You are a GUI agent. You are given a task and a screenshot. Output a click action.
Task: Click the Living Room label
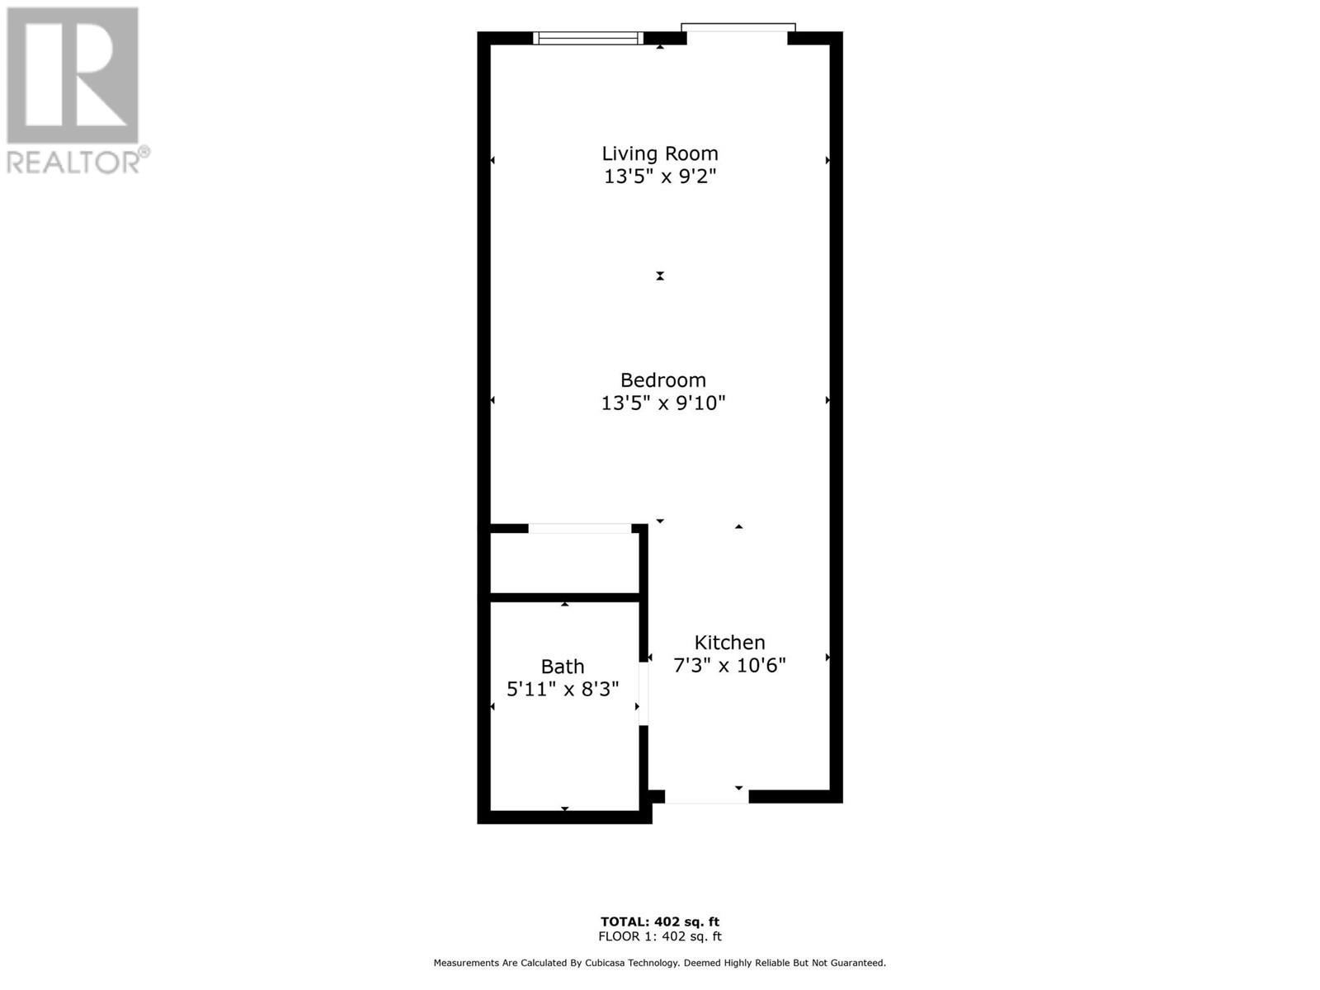click(660, 153)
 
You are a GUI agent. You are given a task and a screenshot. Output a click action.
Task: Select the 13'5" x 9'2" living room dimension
click(660, 176)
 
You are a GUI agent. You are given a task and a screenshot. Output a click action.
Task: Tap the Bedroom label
click(662, 379)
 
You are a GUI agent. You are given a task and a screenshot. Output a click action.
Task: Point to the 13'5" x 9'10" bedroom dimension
click(662, 403)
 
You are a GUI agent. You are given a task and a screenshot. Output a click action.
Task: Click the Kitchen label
click(729, 643)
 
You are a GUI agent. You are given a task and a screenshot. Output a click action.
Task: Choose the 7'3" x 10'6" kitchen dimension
click(729, 666)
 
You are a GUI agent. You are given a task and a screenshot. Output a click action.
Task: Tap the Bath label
click(563, 667)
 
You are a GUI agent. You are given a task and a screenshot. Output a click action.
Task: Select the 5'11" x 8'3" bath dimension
click(563, 689)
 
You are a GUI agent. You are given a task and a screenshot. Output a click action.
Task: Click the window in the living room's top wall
click(588, 39)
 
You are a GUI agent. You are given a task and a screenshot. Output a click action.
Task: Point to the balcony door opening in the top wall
click(738, 34)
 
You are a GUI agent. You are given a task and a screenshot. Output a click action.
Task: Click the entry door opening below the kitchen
click(706, 796)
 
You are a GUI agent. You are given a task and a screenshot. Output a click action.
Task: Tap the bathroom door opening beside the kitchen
click(643, 694)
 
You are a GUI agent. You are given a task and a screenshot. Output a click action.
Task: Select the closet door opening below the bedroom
click(580, 528)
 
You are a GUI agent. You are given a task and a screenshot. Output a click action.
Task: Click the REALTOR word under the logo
click(73, 163)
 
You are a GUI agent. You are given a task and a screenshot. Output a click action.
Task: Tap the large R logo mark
click(72, 75)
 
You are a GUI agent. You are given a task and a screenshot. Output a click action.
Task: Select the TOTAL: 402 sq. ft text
click(660, 922)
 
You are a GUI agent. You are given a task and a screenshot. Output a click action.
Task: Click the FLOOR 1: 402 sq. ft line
click(660, 936)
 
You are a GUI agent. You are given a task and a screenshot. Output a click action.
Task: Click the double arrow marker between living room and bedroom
click(660, 276)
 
